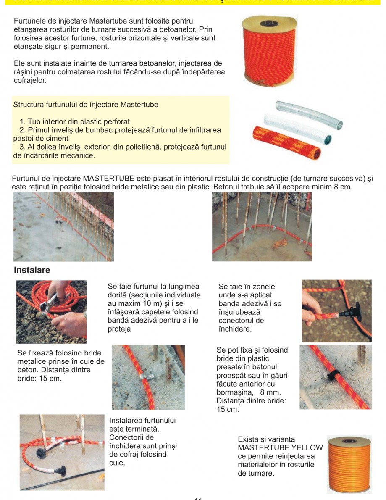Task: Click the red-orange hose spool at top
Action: [x=269, y=49]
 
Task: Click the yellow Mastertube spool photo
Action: [x=349, y=464]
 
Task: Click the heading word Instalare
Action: [x=32, y=270]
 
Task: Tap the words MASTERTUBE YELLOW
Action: [x=280, y=448]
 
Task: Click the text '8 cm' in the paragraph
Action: [x=341, y=187]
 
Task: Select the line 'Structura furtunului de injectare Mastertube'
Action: [x=86, y=105]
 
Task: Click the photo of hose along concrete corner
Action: [x=262, y=227]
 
